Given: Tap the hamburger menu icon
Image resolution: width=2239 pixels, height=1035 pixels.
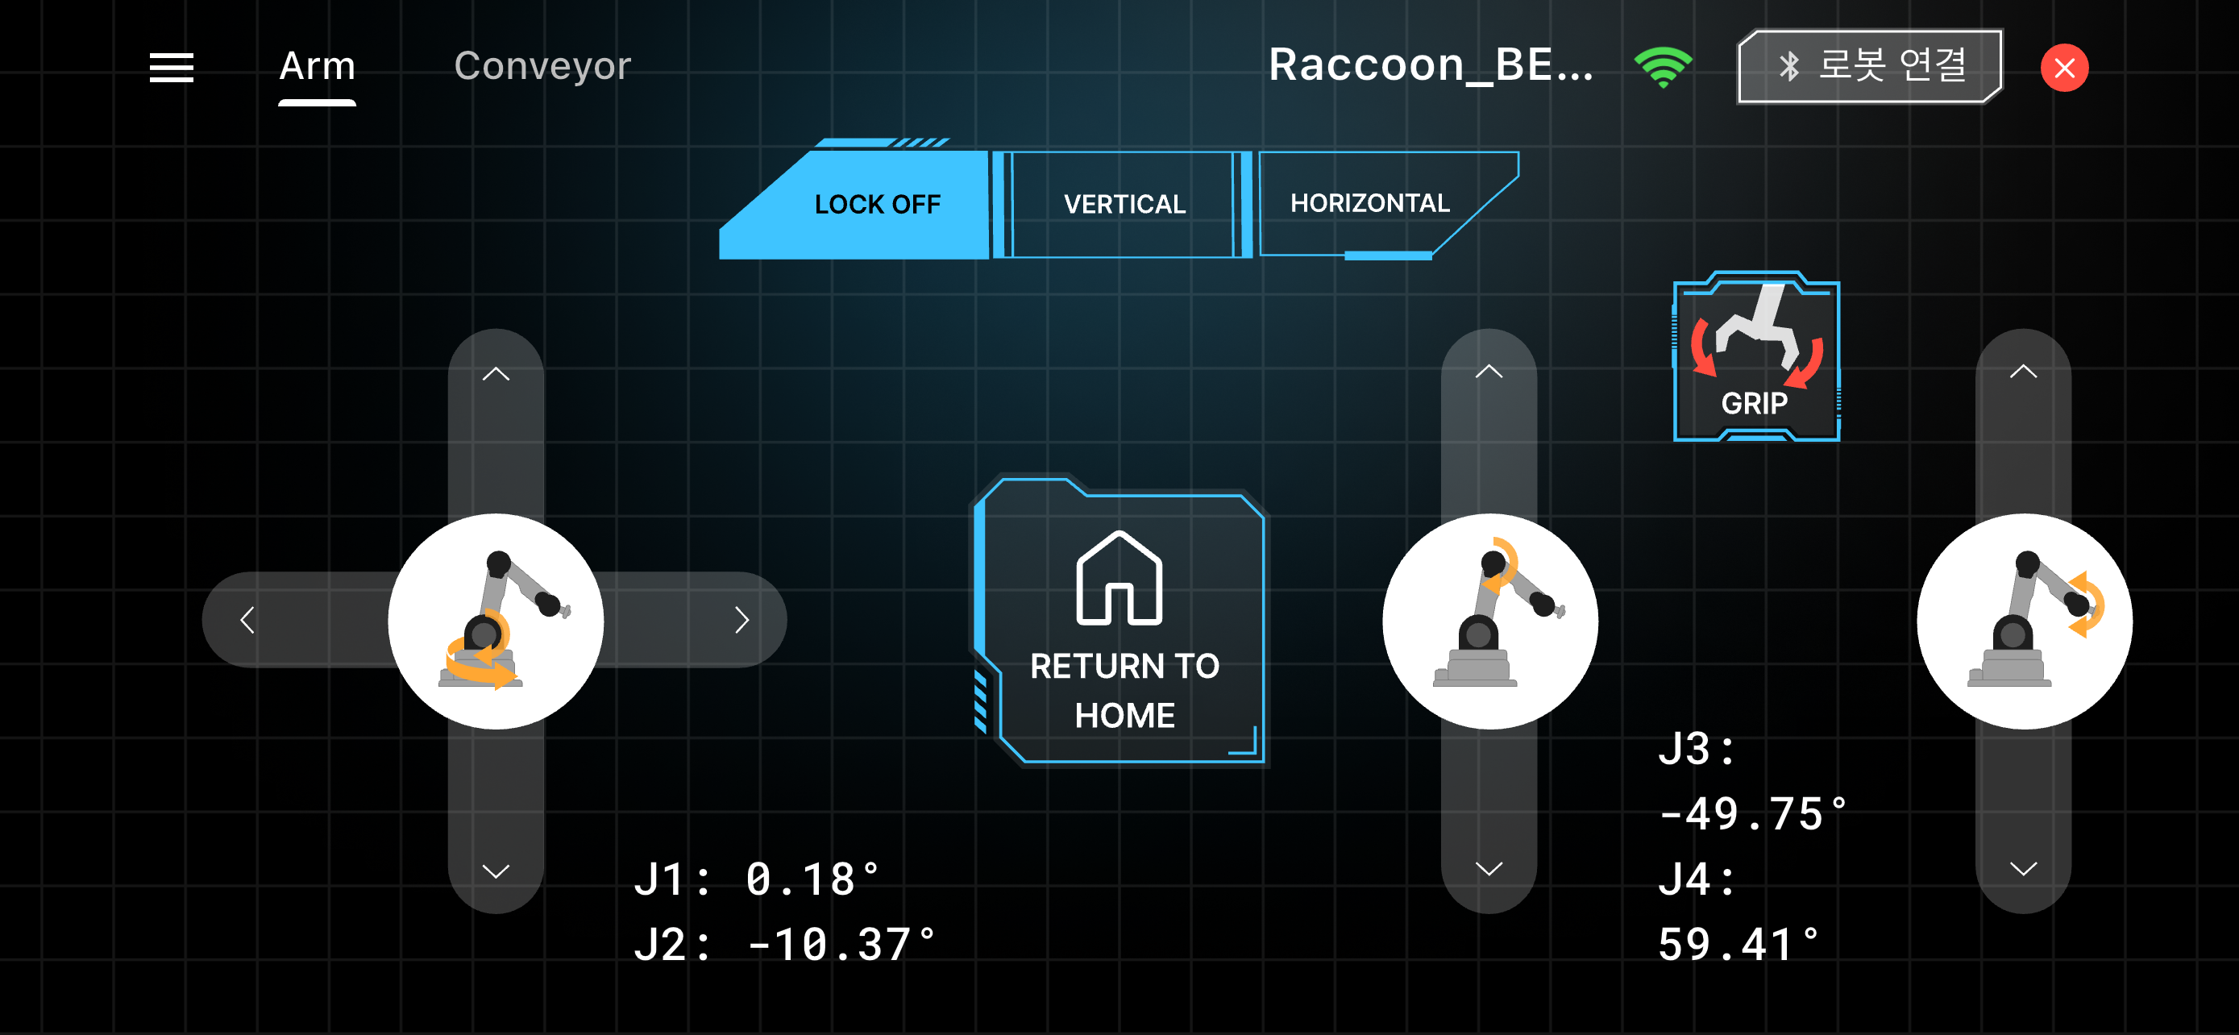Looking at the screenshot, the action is (171, 68).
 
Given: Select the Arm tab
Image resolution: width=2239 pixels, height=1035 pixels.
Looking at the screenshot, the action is (318, 67).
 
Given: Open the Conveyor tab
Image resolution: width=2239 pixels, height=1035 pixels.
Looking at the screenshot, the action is (542, 67).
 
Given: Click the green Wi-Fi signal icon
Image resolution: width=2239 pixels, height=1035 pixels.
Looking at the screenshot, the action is (1663, 68).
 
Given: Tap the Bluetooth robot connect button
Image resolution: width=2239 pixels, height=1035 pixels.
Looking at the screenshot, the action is (1870, 67).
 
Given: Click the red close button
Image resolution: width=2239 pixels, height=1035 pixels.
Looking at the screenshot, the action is (2064, 68).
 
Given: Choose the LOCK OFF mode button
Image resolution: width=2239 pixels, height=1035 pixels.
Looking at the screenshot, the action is (854, 204).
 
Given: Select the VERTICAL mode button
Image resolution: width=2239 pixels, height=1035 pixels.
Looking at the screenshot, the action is (1124, 204).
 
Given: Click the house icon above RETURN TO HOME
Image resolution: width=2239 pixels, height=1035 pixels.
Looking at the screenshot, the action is (1119, 578).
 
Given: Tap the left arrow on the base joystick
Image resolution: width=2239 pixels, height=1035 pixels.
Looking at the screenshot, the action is (247, 620).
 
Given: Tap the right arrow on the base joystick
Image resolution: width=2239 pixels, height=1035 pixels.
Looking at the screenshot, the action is (741, 620).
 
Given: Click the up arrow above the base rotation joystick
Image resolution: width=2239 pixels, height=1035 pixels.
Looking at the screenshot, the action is (496, 374).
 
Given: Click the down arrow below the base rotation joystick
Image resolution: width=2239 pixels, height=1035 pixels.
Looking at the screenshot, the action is (496, 871).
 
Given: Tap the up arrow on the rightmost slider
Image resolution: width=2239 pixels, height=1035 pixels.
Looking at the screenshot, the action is (2024, 372).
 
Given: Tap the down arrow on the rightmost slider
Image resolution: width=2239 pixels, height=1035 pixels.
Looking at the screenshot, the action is (2024, 868).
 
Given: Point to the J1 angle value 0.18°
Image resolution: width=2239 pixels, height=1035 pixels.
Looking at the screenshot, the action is (812, 879).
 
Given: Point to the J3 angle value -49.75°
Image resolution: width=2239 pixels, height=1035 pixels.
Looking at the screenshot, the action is (1752, 814).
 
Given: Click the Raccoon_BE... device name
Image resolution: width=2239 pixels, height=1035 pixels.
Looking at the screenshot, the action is (1431, 65).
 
